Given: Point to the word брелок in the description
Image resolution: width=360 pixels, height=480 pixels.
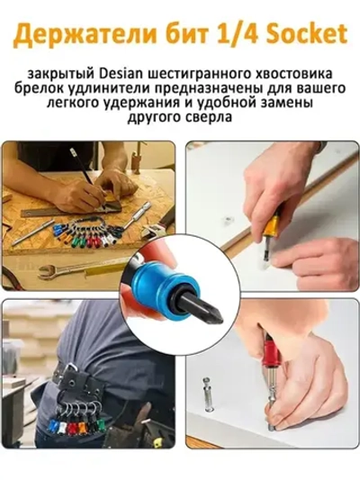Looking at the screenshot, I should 55,88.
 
